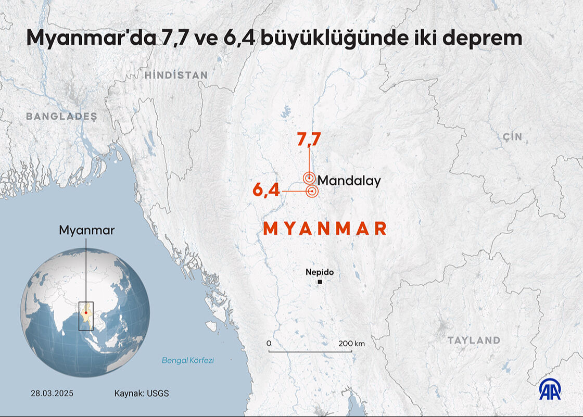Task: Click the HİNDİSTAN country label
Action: (x=176, y=75)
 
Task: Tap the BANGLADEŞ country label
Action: (x=62, y=116)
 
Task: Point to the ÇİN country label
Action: (x=512, y=137)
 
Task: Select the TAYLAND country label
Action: (x=474, y=340)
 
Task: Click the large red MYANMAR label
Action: (x=325, y=229)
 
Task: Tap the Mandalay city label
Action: (x=349, y=181)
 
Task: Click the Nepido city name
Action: (x=320, y=272)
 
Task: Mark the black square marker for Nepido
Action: (x=320, y=282)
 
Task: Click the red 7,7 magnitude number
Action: (x=309, y=139)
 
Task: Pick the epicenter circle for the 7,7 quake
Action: (x=309, y=178)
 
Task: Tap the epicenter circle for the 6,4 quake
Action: (x=312, y=192)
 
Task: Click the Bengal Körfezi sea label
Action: (x=188, y=360)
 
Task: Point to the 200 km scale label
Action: (x=352, y=344)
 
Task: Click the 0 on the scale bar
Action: (x=269, y=344)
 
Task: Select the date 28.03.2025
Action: (x=52, y=394)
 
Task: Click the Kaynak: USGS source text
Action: (x=142, y=394)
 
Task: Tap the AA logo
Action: (x=550, y=390)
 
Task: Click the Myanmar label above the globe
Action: (x=86, y=230)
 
